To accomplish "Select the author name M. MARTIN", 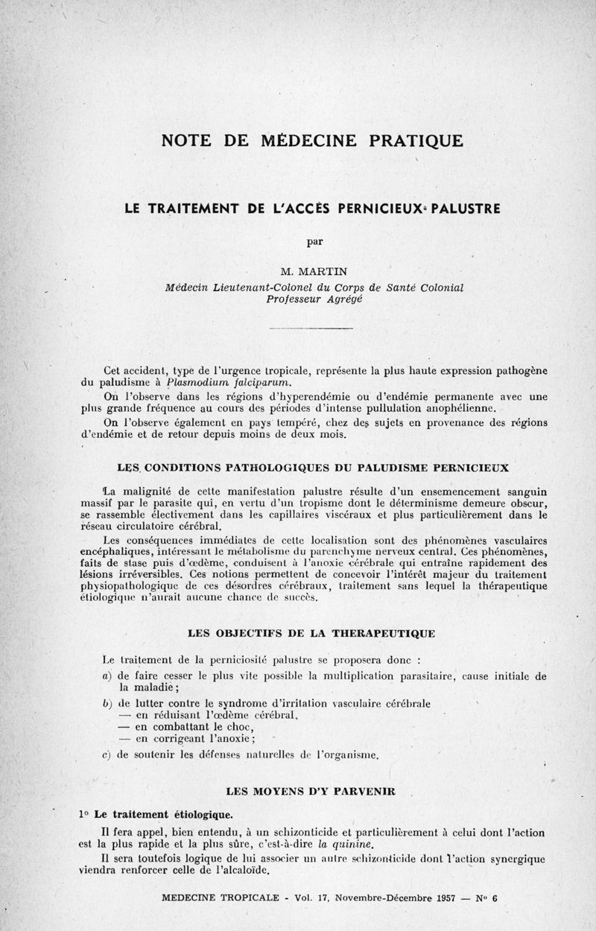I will pos(312,273).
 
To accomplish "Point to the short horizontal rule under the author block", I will pos(311,328).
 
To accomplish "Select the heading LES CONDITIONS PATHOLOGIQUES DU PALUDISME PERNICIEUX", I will pos(313,468).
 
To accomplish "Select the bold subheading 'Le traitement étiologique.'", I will pos(163,812).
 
